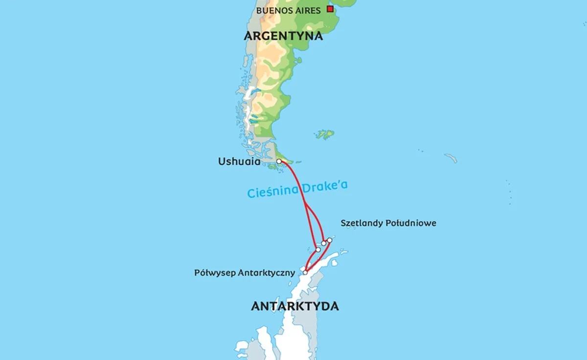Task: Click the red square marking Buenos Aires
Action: tap(331, 9)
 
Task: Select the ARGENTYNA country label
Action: tap(284, 36)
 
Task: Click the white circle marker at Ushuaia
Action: tap(279, 161)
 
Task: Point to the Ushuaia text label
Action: tap(239, 162)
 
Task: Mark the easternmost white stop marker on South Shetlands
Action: tap(330, 240)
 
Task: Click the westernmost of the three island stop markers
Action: tap(318, 249)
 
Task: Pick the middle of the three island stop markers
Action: tap(323, 243)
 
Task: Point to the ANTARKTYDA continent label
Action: tap(294, 307)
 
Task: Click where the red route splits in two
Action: tap(305, 202)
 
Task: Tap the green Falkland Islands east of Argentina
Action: tap(325, 134)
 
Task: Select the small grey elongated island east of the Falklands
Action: tap(451, 158)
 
